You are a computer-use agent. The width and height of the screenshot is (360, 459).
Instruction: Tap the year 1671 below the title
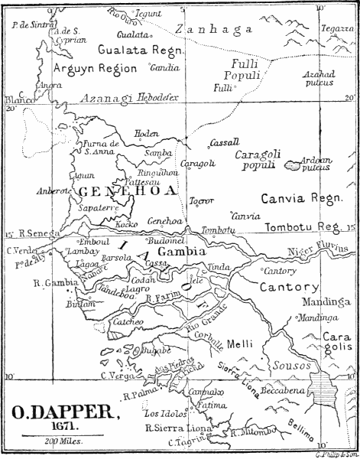click(66, 428)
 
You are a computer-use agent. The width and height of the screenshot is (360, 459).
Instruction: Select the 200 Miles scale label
click(66, 443)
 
